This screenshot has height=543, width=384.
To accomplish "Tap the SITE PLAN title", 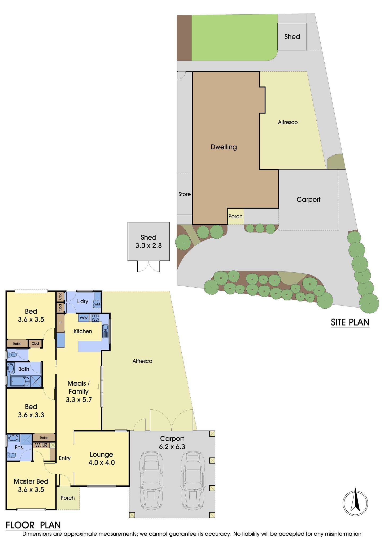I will click(350, 322).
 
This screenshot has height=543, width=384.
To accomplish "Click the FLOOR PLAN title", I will click(33, 525).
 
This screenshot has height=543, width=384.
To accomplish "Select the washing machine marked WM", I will click(97, 304).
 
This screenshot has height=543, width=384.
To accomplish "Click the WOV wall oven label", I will click(84, 318).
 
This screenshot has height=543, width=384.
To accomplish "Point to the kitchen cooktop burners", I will click(95, 318).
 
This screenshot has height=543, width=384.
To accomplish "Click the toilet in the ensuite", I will click(12, 456).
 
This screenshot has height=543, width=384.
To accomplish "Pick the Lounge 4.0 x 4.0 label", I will click(102, 459).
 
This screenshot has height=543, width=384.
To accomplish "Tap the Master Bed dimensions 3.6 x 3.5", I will click(31, 489).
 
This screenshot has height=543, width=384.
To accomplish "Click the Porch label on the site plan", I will click(235, 216).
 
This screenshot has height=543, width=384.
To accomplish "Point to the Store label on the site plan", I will click(185, 194).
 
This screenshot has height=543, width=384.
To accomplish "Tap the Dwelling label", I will click(224, 147).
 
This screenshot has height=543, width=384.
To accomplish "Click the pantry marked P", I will click(60, 323).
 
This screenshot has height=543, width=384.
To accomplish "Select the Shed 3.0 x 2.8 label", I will click(149, 241).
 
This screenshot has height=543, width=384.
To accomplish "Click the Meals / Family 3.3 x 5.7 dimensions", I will click(79, 400).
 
